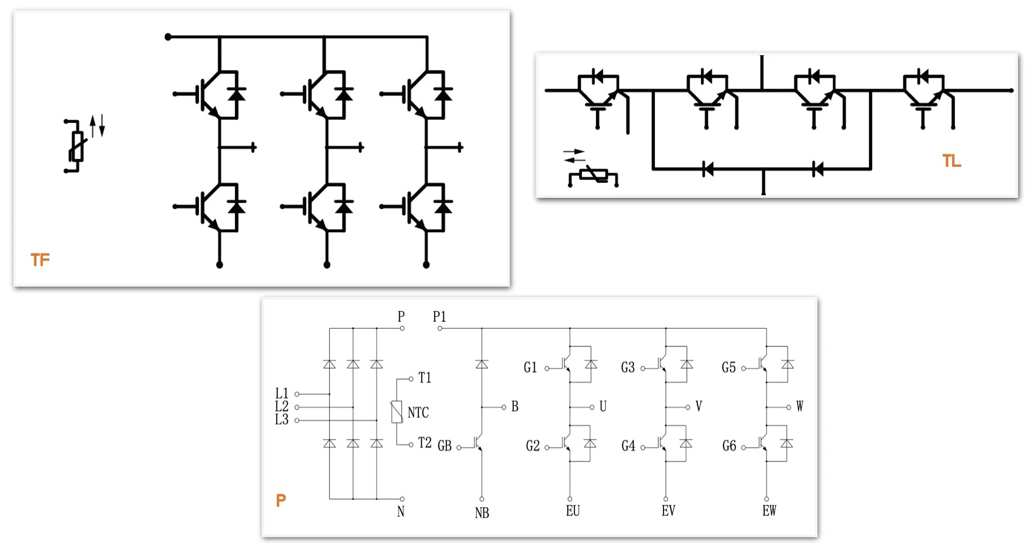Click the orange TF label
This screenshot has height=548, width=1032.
(40, 260)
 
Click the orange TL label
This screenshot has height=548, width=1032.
(952, 161)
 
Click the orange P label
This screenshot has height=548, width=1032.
(281, 500)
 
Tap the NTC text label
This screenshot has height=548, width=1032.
(418, 412)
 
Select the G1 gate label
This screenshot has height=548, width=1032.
(530, 367)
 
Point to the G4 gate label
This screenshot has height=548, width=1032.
(628, 446)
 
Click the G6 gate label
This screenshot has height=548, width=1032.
(729, 446)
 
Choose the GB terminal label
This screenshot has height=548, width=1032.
(445, 446)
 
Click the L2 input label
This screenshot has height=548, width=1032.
(282, 406)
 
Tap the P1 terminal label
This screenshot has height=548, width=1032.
(439, 316)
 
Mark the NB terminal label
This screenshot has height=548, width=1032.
(482, 513)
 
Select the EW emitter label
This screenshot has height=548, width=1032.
(769, 511)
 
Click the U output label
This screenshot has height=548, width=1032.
(603, 406)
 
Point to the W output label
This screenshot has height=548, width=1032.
(799, 406)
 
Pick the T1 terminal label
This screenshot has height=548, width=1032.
(425, 378)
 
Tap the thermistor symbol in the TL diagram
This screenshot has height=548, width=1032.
(593, 175)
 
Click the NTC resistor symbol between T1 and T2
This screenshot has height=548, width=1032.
(397, 412)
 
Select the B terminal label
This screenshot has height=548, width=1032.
(515, 406)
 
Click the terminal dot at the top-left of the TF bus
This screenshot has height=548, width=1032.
(168, 37)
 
